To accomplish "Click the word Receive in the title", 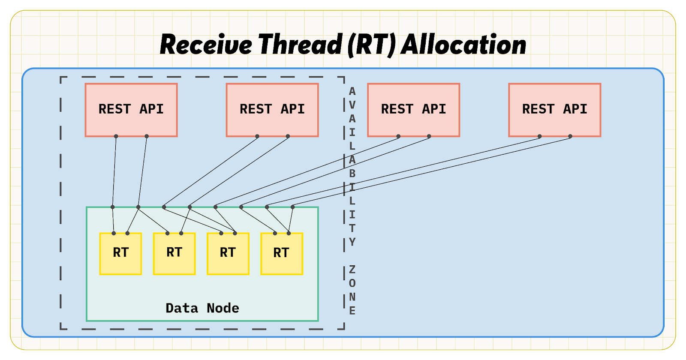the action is pyautogui.click(x=206, y=45).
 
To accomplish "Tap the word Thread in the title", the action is pyautogui.click(x=300, y=44).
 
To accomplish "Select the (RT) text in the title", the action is pyautogui.click(x=372, y=45).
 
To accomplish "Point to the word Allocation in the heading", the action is pyautogui.click(x=463, y=45).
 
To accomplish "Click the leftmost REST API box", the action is pyautogui.click(x=131, y=110).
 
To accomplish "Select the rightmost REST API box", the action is pyautogui.click(x=555, y=110).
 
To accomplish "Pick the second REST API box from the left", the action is pyautogui.click(x=272, y=110).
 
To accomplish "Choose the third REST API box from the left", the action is pyautogui.click(x=413, y=110).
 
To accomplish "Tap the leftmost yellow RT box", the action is pyautogui.click(x=120, y=254).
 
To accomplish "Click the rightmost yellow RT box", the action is pyautogui.click(x=281, y=254).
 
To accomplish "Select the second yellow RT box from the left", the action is pyautogui.click(x=174, y=254).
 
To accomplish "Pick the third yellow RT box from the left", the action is pyautogui.click(x=228, y=254).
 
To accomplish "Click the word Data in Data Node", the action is pyautogui.click(x=182, y=308).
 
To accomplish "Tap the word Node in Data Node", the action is pyautogui.click(x=223, y=308).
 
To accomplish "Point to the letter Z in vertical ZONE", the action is pyautogui.click(x=352, y=270).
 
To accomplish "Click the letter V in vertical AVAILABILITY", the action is pyautogui.click(x=352, y=105).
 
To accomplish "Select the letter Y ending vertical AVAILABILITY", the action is pyautogui.click(x=352, y=242).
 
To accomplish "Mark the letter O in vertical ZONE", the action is pyautogui.click(x=352, y=283).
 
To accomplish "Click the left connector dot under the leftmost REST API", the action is pyautogui.click(x=116, y=136).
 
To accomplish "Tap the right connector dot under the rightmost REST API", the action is pyautogui.click(x=570, y=136).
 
